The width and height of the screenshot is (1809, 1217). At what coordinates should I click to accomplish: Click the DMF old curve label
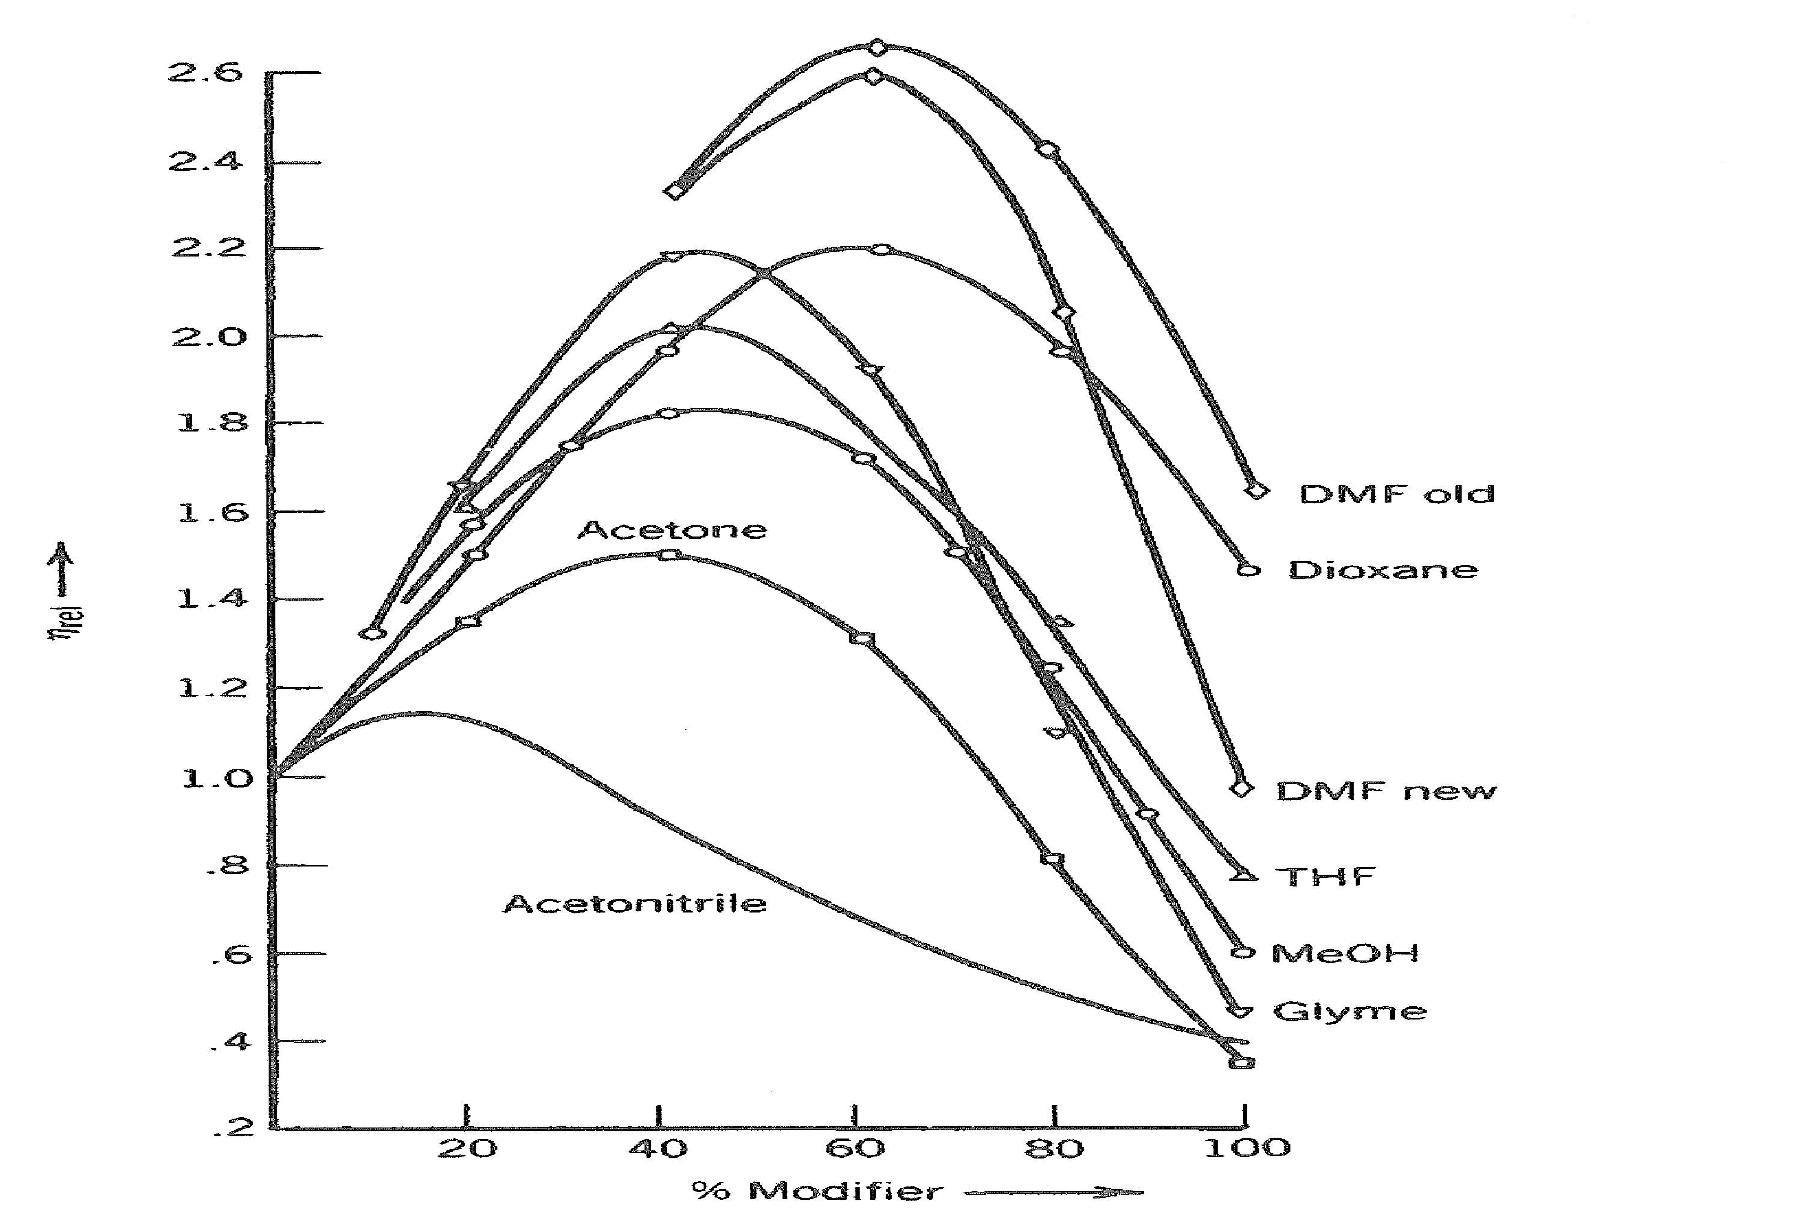(1396, 494)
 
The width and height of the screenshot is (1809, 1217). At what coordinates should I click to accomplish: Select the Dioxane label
(1383, 570)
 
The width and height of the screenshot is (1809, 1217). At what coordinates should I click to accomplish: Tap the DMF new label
(1386, 791)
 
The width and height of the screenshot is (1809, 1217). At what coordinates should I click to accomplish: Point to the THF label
(1326, 877)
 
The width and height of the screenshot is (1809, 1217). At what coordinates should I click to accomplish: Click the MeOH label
(1345, 953)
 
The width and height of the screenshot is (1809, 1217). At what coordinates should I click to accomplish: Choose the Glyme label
(1350, 1011)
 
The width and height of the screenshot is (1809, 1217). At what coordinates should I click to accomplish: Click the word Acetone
(672, 530)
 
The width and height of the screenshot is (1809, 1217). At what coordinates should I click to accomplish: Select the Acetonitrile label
(635, 904)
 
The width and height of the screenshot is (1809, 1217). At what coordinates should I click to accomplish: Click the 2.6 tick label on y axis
(194, 74)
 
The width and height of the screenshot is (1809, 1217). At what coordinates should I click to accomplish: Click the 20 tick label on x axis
(467, 1148)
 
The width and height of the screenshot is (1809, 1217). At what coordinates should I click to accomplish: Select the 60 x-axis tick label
(855, 1148)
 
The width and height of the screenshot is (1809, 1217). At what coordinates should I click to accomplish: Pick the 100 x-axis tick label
(1247, 1148)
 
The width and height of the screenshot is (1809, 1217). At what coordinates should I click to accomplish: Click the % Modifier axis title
(817, 1191)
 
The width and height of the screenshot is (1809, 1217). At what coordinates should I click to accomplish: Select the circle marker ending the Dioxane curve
(1247, 570)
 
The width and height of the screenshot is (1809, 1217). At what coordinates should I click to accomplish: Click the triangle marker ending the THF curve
(1244, 875)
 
